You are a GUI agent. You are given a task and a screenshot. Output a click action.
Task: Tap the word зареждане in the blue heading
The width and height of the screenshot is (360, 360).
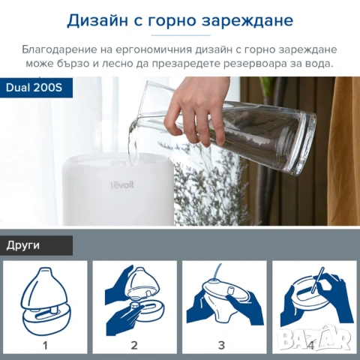[x=247, y=20]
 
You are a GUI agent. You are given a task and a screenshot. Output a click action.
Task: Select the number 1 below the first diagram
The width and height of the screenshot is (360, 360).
[x=45, y=345]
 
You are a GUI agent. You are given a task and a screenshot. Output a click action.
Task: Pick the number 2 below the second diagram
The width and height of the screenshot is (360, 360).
[x=134, y=345]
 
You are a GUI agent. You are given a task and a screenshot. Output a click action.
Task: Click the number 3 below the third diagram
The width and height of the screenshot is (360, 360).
[x=222, y=345]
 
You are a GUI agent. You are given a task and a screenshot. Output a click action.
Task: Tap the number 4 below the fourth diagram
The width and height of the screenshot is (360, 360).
[x=310, y=345]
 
